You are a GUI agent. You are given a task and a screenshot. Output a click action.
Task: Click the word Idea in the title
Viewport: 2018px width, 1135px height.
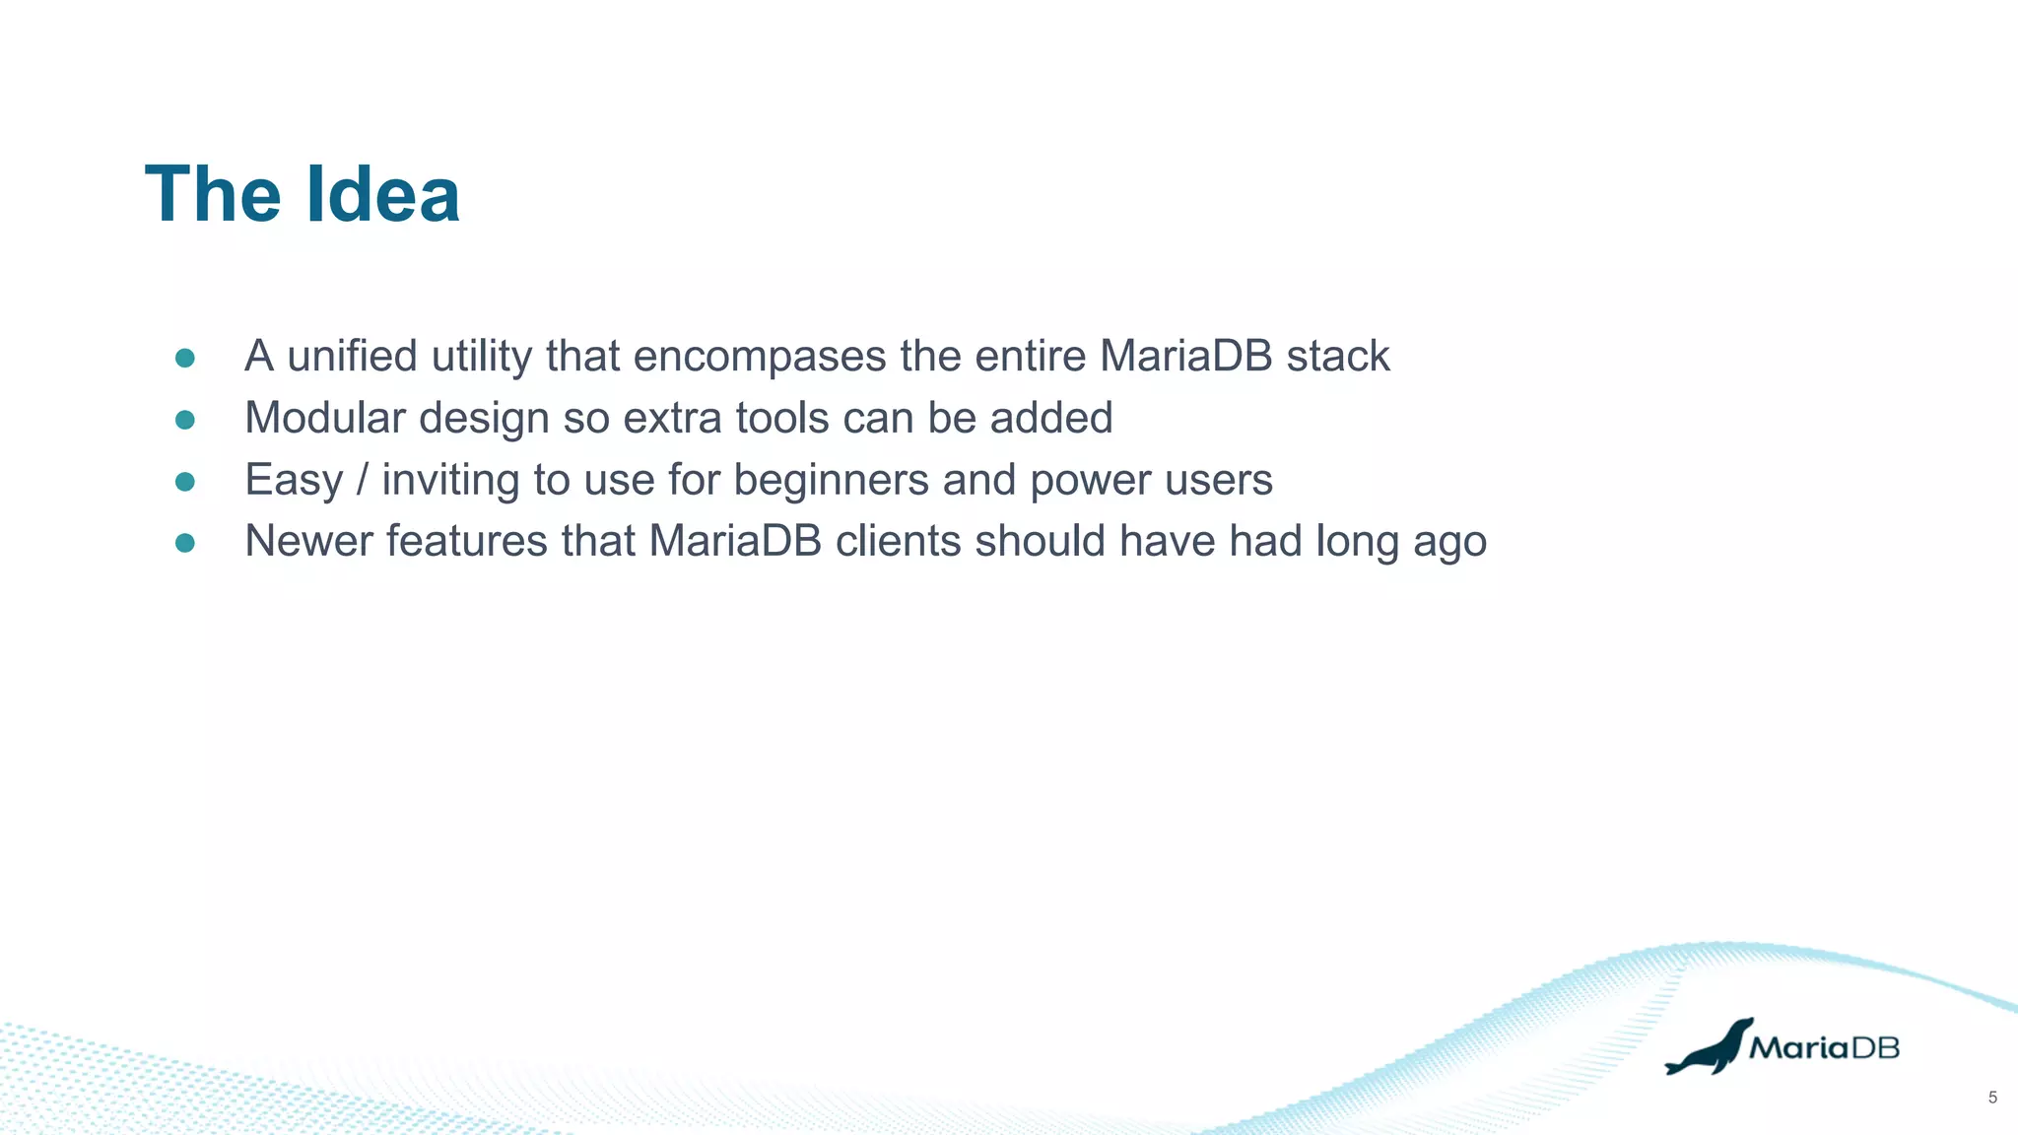(382, 195)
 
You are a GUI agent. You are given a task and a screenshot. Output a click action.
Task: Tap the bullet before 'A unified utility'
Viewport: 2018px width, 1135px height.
(184, 358)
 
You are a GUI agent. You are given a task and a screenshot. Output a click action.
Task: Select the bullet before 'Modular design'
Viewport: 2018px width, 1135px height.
(184, 420)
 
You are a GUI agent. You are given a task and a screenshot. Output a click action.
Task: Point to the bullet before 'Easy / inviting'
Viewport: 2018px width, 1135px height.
(184, 482)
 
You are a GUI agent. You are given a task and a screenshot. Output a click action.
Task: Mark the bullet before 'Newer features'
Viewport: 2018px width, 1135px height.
(184, 543)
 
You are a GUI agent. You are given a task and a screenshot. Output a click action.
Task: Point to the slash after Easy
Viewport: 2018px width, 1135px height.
(362, 481)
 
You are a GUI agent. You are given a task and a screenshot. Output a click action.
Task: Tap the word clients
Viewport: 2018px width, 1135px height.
(898, 542)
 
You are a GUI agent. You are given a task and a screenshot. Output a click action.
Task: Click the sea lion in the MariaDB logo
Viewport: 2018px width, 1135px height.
(1707, 1050)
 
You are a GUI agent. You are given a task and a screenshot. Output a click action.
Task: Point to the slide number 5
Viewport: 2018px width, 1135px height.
(1992, 1098)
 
